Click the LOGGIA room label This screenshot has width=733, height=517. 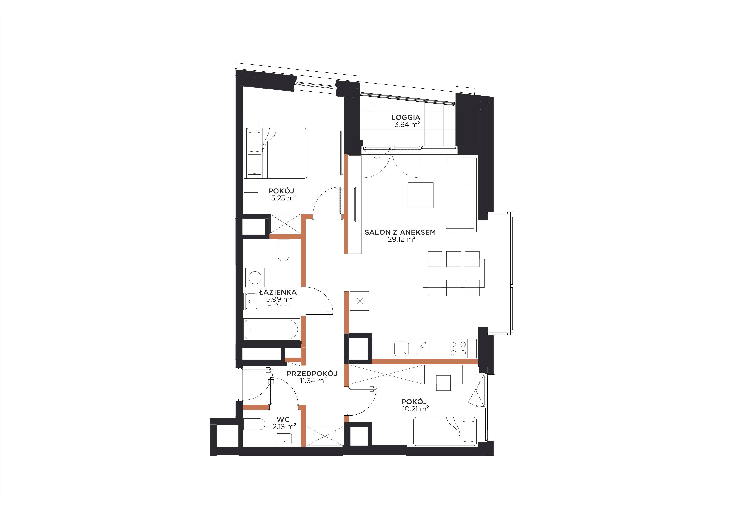pos(406,118)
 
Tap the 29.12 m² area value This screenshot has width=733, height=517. pos(402,239)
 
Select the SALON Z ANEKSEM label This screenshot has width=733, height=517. pos(400,232)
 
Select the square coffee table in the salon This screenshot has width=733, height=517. pos(421,195)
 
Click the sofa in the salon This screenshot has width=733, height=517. pos(461,195)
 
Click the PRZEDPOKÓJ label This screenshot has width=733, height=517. pos(312,374)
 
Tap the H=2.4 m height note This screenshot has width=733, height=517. pos(278,306)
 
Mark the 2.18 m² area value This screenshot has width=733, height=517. pos(284,426)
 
